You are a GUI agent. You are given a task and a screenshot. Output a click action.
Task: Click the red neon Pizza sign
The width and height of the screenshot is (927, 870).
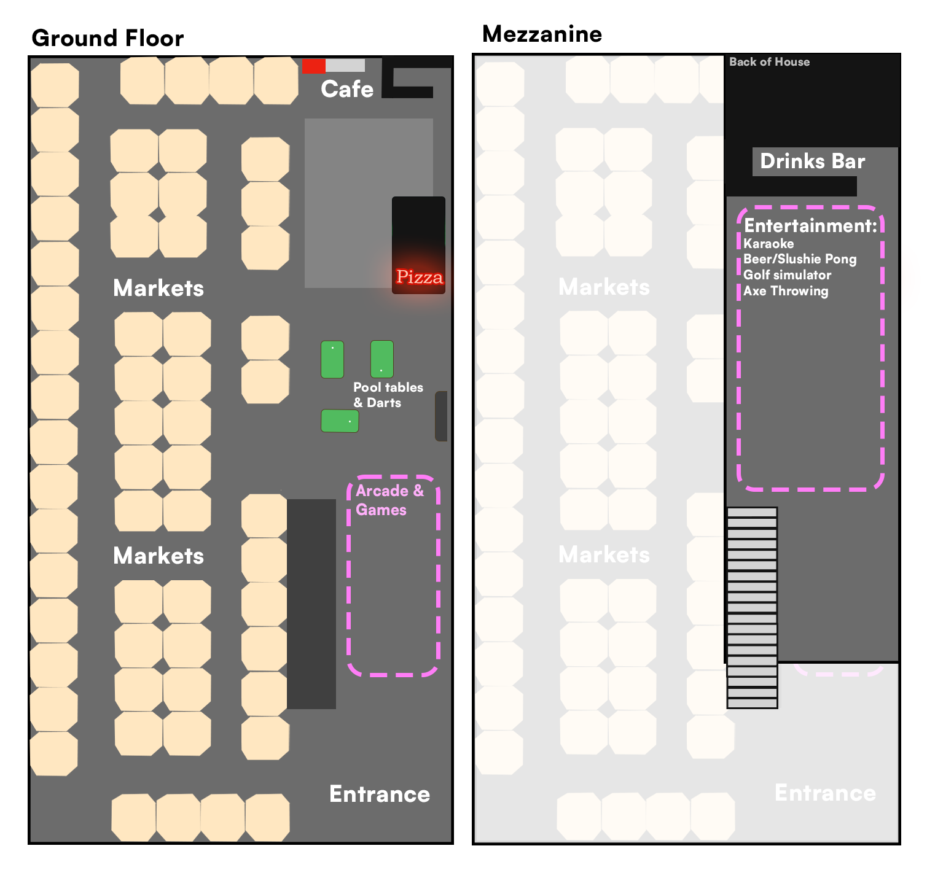[x=420, y=277]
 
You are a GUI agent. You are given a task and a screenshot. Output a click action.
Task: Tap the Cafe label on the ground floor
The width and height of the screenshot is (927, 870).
[x=347, y=89]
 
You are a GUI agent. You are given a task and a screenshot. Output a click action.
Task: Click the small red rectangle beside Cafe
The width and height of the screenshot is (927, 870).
[x=313, y=66]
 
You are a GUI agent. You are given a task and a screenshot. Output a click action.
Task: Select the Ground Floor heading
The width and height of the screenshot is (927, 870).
[x=108, y=38]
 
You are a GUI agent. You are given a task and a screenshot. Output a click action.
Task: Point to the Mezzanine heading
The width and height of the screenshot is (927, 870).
[x=542, y=34]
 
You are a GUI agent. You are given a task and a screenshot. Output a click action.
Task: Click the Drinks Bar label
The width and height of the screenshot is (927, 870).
[x=812, y=161]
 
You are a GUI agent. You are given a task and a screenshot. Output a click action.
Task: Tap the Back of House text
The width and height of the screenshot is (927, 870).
[x=769, y=61]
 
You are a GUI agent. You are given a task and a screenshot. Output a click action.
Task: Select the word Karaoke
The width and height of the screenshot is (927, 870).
[x=769, y=244]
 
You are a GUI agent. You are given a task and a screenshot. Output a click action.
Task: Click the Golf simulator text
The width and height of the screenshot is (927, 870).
[x=787, y=275]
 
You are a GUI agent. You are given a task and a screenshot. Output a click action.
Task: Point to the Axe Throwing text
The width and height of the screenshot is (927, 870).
[x=786, y=291]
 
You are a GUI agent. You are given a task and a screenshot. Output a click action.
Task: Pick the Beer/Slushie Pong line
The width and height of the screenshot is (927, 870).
[x=800, y=259]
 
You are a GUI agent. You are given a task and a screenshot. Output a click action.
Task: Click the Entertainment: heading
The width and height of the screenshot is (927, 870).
[x=810, y=226]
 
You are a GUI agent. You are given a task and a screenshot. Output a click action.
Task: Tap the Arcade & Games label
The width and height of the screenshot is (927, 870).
[x=389, y=500]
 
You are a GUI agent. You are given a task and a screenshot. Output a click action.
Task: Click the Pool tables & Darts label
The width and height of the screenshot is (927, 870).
[x=388, y=395]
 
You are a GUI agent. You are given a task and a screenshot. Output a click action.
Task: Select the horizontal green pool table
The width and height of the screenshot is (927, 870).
[x=340, y=421]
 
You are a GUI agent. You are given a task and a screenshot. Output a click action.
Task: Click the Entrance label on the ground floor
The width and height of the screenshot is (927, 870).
[x=380, y=794]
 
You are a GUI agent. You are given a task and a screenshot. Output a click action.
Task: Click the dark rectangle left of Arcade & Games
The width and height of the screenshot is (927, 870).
[x=311, y=604]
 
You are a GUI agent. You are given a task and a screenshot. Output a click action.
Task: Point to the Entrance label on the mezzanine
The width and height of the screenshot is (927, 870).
[x=825, y=793]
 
